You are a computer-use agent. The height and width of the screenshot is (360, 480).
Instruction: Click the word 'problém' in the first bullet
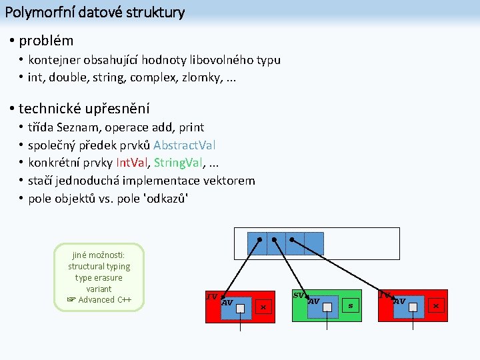(x=46, y=41)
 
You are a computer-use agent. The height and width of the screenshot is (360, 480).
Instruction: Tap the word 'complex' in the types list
(x=153, y=77)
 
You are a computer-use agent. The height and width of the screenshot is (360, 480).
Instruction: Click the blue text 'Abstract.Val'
(x=185, y=145)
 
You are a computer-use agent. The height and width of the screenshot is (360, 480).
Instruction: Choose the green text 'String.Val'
(x=182, y=163)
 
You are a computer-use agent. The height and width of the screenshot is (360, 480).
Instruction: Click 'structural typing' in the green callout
(x=99, y=267)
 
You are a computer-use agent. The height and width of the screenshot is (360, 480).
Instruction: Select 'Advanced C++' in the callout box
(x=105, y=299)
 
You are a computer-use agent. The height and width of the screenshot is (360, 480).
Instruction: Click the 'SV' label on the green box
(x=299, y=295)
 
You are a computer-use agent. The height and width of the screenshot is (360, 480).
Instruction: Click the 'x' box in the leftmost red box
(x=263, y=307)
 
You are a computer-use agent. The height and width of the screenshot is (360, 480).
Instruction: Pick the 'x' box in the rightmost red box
(x=436, y=306)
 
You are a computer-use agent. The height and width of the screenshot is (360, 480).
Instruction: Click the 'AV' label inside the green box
(x=313, y=301)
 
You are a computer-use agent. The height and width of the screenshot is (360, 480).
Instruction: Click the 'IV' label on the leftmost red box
(x=212, y=296)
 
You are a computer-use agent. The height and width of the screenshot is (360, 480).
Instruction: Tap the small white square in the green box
(x=328, y=307)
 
